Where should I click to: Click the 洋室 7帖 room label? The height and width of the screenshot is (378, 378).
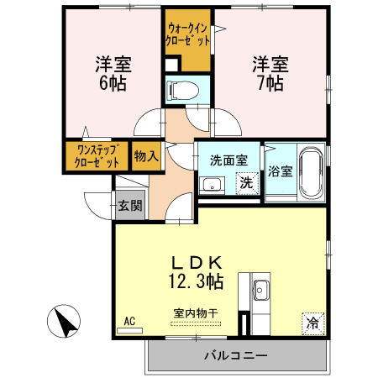pos(269,74)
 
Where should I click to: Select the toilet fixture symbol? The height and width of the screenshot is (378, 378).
pos(183,90)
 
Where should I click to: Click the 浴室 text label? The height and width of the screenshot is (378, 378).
pos(280,172)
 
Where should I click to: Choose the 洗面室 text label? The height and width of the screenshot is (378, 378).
pos(228,159)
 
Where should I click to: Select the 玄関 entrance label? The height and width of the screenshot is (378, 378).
pos(129,205)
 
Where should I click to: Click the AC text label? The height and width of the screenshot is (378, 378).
pos(129,321)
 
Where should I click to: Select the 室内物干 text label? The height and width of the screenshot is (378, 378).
pos(195,313)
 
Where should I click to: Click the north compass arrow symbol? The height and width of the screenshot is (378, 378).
pos(65,322)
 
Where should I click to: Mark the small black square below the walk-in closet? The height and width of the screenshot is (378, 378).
pos(171,65)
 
